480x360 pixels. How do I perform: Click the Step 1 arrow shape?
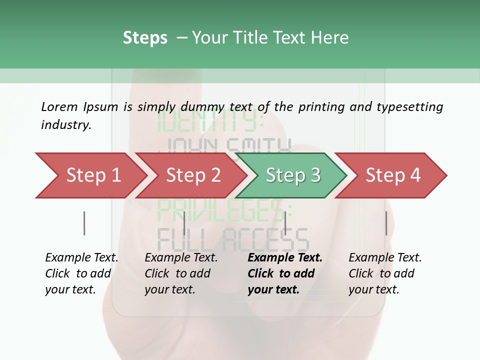pos(92,175)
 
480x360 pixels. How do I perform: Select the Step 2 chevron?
pos(192,175)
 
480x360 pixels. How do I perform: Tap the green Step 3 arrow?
pos(292,175)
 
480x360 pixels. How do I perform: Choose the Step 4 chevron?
pos(392,175)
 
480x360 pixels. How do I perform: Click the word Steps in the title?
pos(145,38)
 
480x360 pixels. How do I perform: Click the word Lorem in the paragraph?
pos(59,107)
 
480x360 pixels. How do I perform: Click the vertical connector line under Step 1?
pos(84,223)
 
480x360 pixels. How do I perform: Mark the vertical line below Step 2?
pos(184,223)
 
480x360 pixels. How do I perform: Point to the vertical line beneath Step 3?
pos(285,223)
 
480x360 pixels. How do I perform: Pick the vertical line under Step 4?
pos(386,223)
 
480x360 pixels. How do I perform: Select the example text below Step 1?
pos(81,273)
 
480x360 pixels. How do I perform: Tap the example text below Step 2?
pos(181,273)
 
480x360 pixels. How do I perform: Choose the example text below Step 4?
pos(385,273)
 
